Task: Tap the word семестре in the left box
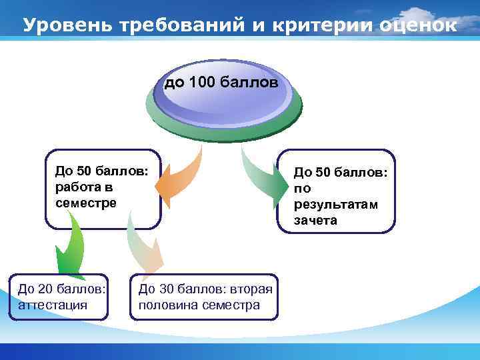tap(86, 202)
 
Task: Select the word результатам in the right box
tap(335, 204)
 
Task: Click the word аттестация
tap(49, 305)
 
